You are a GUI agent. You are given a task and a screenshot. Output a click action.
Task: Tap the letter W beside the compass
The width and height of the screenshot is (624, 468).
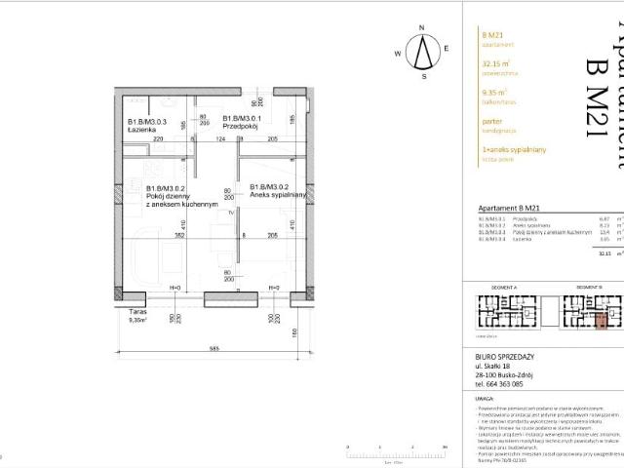399,53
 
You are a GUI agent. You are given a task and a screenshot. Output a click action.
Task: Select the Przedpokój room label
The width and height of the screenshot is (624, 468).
212,126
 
